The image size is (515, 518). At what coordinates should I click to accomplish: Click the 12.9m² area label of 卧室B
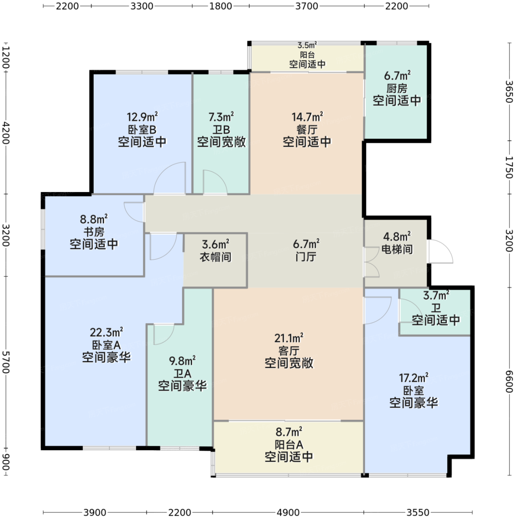pos(142,117)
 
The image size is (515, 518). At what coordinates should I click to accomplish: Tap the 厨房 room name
pos(397,88)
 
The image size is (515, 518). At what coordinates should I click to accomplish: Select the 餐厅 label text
pos(307,130)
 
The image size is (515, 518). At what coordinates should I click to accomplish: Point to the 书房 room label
pos(94,232)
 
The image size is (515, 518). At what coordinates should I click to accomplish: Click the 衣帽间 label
pos(215,257)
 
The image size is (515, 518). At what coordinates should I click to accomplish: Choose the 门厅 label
pos(306,257)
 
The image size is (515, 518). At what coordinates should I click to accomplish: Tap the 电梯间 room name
pos(397,249)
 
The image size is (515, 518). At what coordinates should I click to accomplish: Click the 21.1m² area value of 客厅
pos(289,338)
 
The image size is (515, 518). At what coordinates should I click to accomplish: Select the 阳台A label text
pos(289,445)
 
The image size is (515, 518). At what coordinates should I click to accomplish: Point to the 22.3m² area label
pos(107,332)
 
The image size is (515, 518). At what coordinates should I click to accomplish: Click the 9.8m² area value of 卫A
pos(182,361)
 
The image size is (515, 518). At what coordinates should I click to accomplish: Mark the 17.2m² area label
pos(414,378)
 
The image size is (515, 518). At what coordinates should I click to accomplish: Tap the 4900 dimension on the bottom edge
pos(289,512)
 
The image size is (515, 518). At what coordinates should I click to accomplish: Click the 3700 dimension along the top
pos(307,6)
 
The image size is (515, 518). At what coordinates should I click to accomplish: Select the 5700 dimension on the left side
pos(6,362)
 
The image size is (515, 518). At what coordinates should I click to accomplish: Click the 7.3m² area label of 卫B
pos(221,117)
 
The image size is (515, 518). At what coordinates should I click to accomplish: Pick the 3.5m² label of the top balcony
pos(307,45)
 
